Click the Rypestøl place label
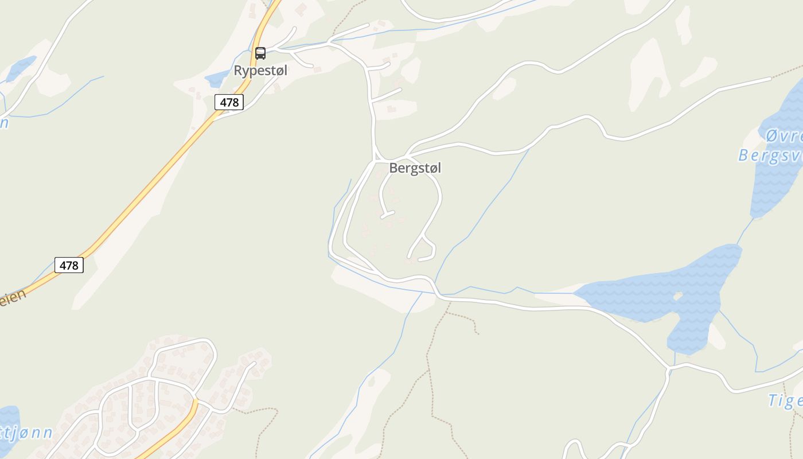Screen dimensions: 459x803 [260, 71]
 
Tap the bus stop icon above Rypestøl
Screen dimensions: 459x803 [260, 53]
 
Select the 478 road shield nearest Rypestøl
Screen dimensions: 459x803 [229, 102]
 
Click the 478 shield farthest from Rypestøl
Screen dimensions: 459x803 [69, 265]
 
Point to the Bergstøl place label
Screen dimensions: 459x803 [415, 168]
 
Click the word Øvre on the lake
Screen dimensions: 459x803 [783, 137]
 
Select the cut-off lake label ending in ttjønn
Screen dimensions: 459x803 [26, 433]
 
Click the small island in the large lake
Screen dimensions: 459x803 [678, 296]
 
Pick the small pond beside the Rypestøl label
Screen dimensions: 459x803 [217, 78]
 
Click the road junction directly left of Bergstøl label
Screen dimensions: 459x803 [377, 160]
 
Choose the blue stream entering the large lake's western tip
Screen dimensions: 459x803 [553, 293]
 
